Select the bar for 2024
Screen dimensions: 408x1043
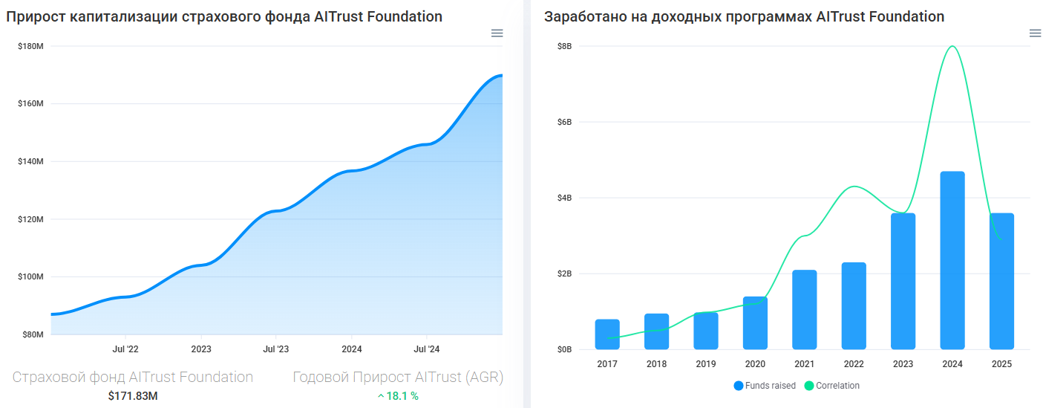coord(952,260)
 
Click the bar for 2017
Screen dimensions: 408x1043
coord(607,334)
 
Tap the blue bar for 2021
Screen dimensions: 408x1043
coord(804,309)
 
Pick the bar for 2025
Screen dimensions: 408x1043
coord(1001,281)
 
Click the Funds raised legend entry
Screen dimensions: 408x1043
coord(765,386)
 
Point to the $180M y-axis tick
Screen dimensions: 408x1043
coord(30,46)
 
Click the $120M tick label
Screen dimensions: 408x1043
coord(30,219)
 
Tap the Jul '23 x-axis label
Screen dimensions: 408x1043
coord(275,349)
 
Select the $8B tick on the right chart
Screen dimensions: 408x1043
coord(564,46)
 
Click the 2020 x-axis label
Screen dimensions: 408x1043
coord(755,364)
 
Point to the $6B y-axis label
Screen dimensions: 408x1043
coord(564,122)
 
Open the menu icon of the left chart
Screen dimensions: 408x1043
coord(497,33)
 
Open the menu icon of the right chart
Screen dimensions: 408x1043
coord(1035,33)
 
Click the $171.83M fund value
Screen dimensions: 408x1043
coord(133,396)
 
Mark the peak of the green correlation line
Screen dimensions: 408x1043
coord(952,46)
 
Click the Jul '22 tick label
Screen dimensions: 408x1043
coord(125,349)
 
